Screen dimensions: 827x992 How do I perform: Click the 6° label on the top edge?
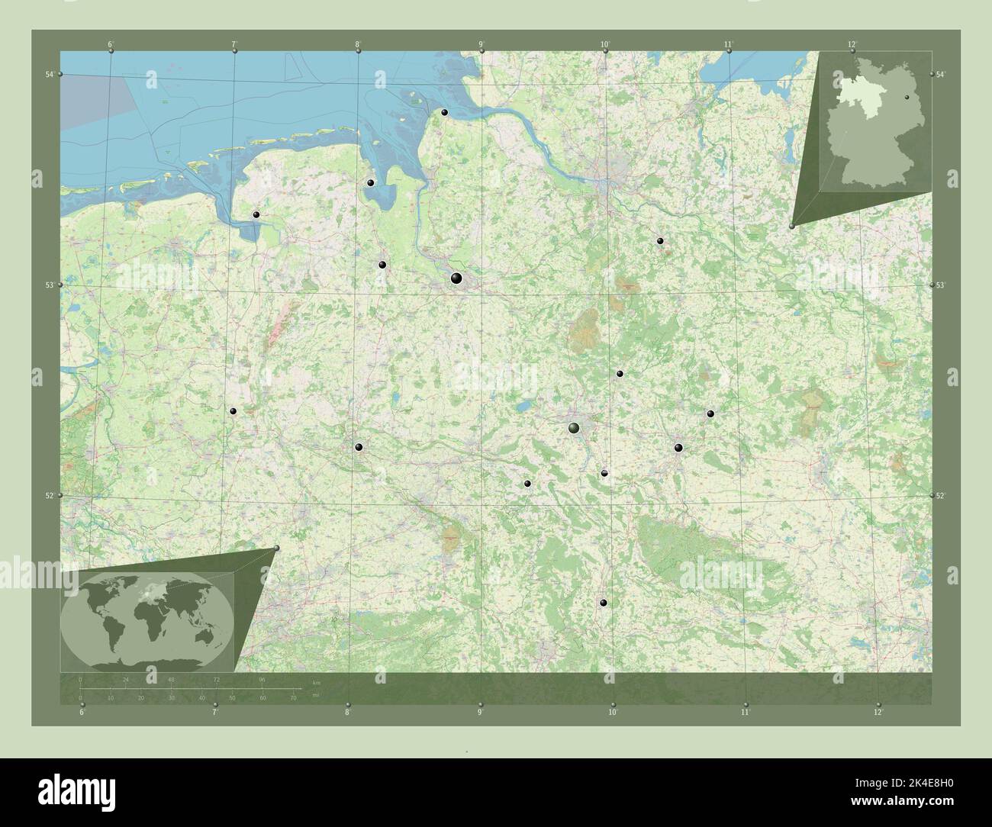coord(111,44)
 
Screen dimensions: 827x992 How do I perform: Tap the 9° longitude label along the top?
coord(481,44)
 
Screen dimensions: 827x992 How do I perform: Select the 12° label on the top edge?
coord(852,44)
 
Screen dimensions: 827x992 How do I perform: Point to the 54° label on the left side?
coord(50,74)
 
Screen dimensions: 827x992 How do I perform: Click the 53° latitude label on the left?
coord(50,285)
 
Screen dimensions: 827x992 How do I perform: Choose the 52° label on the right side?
coord(942,496)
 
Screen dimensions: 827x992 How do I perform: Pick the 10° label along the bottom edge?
coord(612,713)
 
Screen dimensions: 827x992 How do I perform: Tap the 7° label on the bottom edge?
coord(215,713)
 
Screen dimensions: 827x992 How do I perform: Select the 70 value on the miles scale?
coord(293,697)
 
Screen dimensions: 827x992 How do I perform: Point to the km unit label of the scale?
coord(316,681)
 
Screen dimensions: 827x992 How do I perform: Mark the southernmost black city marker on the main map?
coord(604,603)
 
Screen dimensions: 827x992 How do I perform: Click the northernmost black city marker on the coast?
coord(444,113)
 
